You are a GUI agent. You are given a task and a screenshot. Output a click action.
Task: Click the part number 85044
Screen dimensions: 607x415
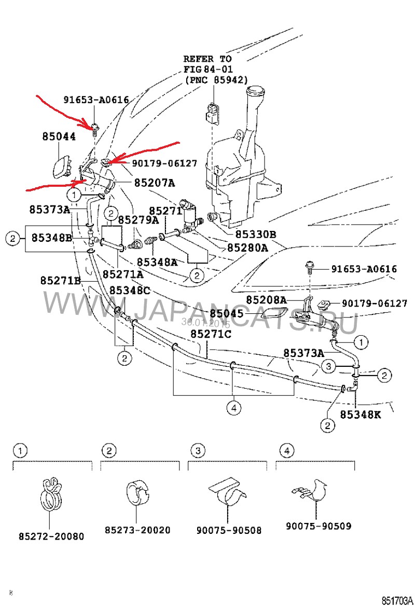coord(59,137)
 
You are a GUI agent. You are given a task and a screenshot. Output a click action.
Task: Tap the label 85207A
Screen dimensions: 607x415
coord(155,183)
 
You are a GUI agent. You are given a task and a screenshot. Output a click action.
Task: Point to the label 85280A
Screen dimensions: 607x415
coord(248,247)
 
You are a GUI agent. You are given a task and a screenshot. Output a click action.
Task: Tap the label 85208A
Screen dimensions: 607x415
coord(266,300)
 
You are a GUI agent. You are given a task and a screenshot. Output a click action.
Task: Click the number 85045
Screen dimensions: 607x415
coord(226,313)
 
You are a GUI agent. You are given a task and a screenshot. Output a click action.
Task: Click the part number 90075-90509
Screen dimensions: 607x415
coord(319,526)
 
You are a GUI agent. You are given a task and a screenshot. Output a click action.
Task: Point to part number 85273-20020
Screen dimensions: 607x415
coord(137,530)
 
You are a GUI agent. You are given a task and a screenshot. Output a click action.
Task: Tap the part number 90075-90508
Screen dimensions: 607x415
coord(229,530)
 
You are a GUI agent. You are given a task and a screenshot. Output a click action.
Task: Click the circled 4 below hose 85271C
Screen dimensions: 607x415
coord(233,408)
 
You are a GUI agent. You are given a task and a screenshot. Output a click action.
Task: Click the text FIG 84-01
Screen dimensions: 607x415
coord(208,69)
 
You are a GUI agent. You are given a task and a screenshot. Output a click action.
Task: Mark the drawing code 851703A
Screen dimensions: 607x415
coord(397,600)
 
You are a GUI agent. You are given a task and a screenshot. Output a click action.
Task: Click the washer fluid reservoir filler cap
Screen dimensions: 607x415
coord(257,94)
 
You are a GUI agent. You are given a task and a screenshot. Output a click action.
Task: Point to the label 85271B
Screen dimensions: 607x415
coord(61,280)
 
